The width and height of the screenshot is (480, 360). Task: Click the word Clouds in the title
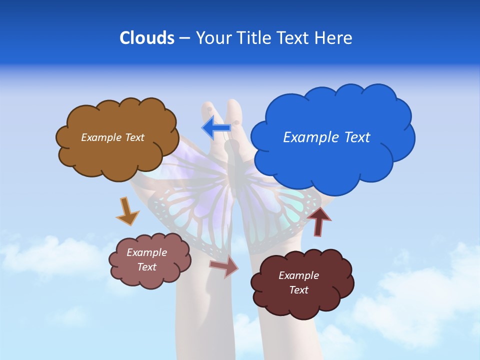[147, 38]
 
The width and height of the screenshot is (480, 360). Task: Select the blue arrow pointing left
[216, 127]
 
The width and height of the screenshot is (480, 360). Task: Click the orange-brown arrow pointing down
[127, 211]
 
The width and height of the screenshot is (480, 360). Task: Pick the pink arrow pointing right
[224, 265]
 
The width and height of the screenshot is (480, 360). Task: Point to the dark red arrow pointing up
[319, 221]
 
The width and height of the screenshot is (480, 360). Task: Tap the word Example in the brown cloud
[101, 137]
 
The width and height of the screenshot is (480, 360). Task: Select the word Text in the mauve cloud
[147, 267]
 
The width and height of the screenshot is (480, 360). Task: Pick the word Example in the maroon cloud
[298, 275]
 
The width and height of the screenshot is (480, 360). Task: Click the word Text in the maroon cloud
[298, 290]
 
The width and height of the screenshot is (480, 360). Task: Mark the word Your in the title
[211, 38]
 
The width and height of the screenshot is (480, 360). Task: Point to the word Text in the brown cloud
[134, 137]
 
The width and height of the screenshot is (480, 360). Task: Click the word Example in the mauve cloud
[147, 252]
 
